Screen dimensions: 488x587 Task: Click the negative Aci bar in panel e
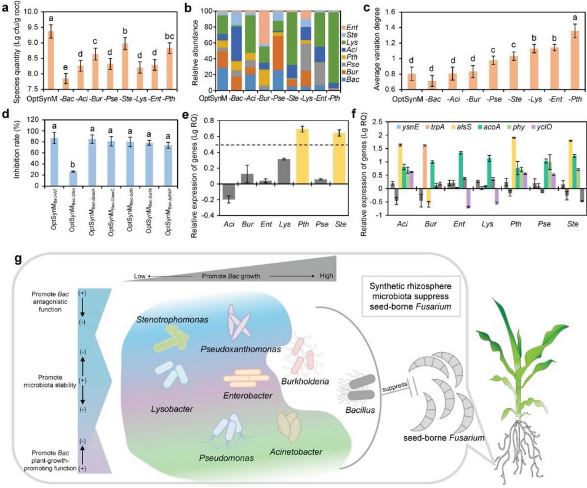230,191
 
